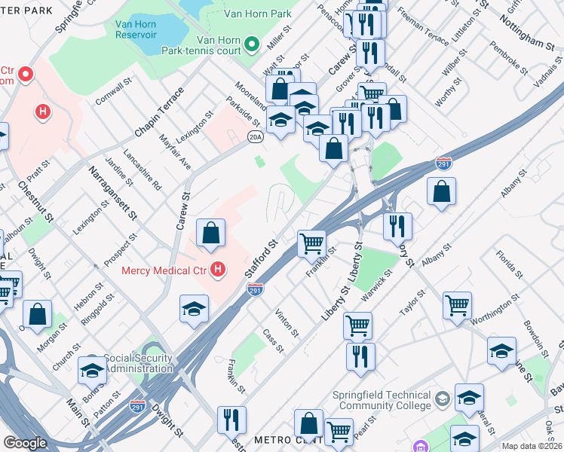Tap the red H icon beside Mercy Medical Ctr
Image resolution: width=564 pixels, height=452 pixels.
(x=219, y=269)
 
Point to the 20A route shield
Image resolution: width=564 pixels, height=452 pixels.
(x=256, y=136)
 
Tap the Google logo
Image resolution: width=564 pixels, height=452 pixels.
(x=25, y=443)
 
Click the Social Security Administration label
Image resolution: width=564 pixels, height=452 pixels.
(x=138, y=362)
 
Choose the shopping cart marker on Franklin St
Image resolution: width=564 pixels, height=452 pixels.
(x=311, y=243)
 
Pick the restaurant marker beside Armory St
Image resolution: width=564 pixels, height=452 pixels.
(x=397, y=225)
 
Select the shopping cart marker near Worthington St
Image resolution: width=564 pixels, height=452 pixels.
(x=457, y=305)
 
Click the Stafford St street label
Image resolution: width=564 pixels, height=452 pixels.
(x=262, y=258)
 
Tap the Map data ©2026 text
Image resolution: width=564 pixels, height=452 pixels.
(x=532, y=446)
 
